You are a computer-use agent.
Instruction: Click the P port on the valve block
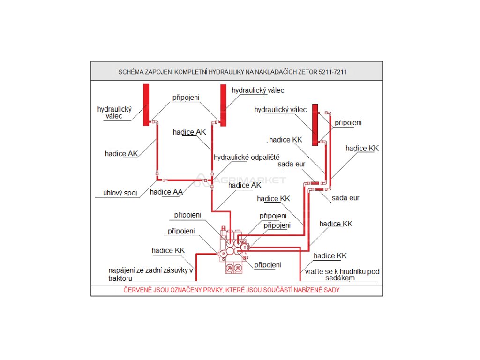point(224,253)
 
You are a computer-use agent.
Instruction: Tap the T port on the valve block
point(245,247)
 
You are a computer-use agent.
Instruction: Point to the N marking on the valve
point(245,257)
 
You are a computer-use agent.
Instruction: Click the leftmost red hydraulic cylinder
point(146,105)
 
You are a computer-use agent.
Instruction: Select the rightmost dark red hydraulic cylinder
point(315,122)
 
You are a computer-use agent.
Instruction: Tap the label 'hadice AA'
point(166,191)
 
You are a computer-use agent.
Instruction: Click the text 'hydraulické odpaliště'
point(247,157)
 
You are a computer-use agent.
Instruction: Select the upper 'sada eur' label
point(292,165)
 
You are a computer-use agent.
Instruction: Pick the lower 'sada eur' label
point(345,198)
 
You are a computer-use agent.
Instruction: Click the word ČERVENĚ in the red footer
point(139,290)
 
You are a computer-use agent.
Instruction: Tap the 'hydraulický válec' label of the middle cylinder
point(258,90)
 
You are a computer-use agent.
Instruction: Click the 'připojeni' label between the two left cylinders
point(186,97)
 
